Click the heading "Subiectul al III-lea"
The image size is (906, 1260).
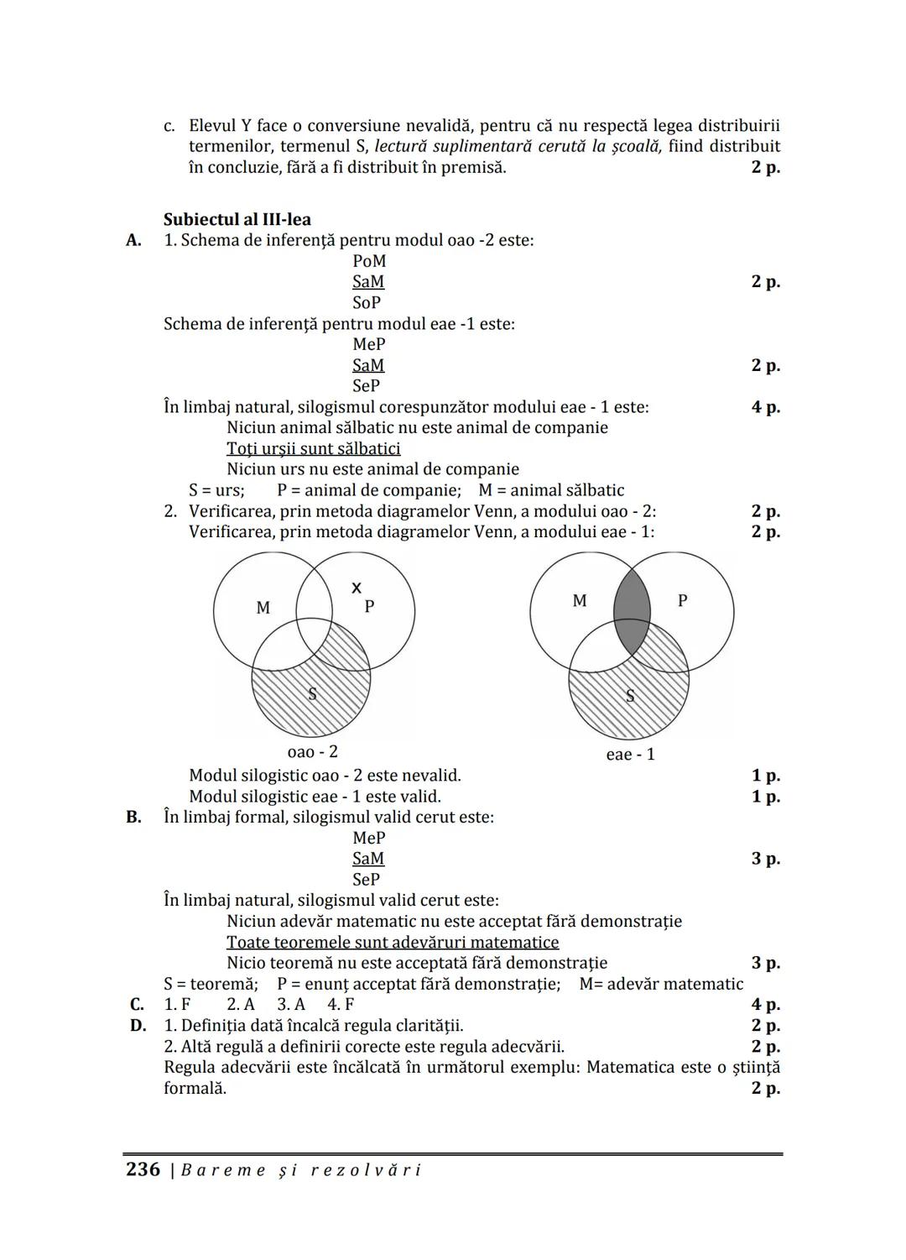[x=237, y=220]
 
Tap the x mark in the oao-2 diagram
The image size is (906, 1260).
[x=357, y=587]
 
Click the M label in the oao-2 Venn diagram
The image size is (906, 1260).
[x=263, y=607]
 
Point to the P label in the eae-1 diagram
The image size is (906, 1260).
[x=682, y=600]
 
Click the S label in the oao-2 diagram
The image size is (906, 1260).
[x=312, y=693]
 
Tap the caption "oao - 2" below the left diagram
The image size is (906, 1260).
[x=312, y=752]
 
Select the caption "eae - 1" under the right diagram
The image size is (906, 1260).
[x=630, y=755]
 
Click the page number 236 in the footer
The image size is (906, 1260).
[x=143, y=1169]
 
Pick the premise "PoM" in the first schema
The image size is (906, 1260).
[x=369, y=261]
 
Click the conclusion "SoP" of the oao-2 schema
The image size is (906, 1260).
[x=367, y=302]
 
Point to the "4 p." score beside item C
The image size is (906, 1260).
[x=765, y=1005]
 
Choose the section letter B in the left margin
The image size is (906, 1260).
[x=134, y=818]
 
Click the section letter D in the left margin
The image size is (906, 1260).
[x=138, y=1026]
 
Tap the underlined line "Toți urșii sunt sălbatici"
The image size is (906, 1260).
[x=313, y=449]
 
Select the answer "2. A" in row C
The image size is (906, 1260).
[x=241, y=1005]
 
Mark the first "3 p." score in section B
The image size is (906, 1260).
[x=765, y=859]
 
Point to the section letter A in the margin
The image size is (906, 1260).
[x=134, y=241]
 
